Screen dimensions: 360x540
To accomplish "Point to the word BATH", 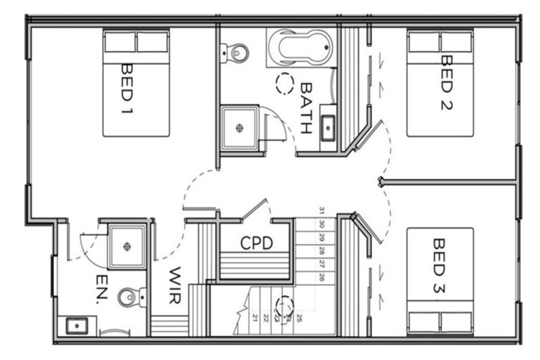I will [306, 108].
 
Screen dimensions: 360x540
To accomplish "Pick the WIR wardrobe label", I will [175, 285].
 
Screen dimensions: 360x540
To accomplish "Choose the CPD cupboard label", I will [256, 243].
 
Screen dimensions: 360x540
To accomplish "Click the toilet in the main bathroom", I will [236, 51].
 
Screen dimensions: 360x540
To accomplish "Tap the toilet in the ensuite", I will [130, 298].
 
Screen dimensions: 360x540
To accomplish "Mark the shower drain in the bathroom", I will [240, 127].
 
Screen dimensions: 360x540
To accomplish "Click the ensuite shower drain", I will [127, 246].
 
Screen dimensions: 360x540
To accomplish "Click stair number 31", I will [321, 210].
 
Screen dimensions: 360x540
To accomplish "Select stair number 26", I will [321, 278].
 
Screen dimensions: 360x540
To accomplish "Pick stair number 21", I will [254, 318].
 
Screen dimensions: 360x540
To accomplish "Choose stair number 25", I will [299, 318].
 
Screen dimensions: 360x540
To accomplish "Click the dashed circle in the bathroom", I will [285, 84].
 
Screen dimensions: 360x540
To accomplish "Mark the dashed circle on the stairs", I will [284, 306].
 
